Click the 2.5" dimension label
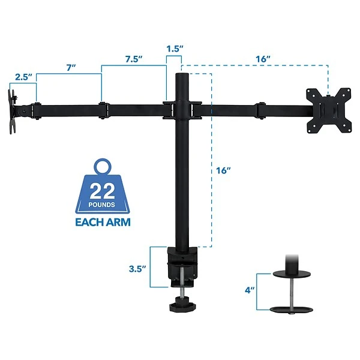(23, 77)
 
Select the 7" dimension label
(71, 68)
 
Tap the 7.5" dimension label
(134, 59)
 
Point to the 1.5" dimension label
(175, 49)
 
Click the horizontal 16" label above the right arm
(263, 59)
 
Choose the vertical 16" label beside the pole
(223, 170)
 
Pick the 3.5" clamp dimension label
(137, 269)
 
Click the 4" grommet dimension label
(250, 290)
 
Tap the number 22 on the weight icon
(102, 191)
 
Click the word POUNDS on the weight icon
(102, 205)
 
